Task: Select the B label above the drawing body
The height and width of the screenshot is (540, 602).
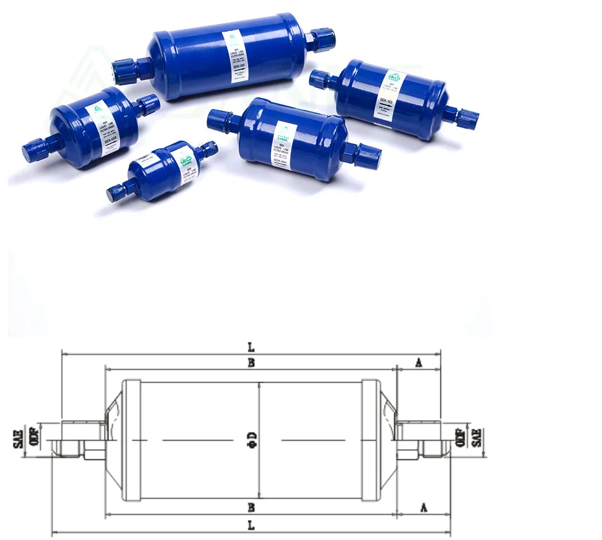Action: [x=251, y=363]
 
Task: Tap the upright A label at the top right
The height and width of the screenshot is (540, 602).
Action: [x=418, y=364]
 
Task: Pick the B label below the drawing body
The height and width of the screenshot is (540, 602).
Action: [x=251, y=507]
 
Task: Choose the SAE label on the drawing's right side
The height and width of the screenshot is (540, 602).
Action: [x=477, y=439]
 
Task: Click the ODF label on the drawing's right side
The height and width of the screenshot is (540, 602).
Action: [x=461, y=439]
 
